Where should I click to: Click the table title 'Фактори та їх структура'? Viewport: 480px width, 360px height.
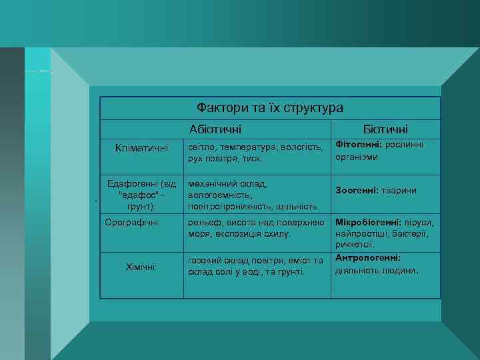270,107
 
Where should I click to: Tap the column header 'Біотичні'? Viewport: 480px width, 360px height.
385,129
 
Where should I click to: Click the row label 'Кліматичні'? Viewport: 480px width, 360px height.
141,147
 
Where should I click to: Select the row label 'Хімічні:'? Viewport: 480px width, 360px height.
141,267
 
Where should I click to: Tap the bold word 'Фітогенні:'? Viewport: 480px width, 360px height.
356,145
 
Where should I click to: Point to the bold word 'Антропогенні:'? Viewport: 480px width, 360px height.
367,258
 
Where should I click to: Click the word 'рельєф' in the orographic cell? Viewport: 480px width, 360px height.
204,222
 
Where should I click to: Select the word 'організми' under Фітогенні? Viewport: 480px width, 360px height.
357,157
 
